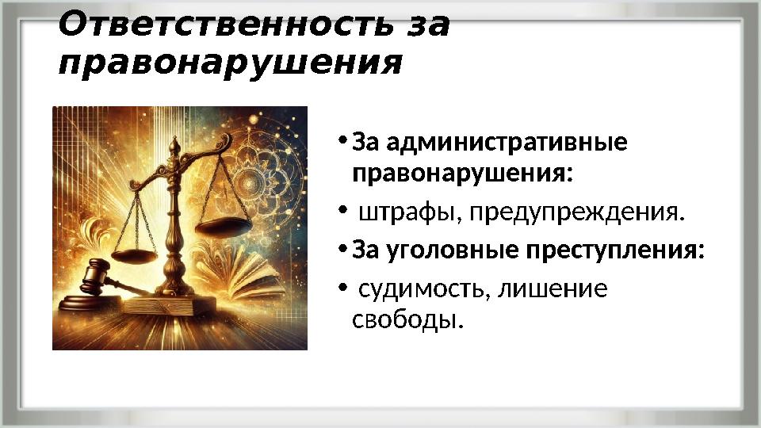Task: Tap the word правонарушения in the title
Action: (x=230, y=63)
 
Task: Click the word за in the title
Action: (x=427, y=25)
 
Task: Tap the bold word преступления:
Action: (x=614, y=250)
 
